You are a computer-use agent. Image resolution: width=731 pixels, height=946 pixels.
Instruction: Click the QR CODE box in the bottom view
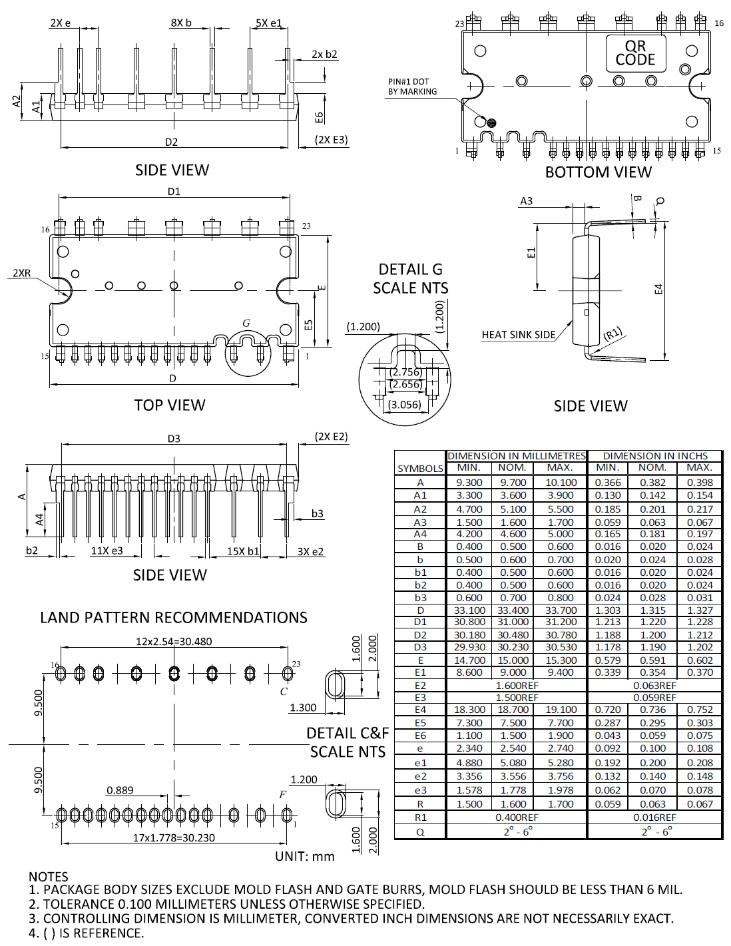click(635, 53)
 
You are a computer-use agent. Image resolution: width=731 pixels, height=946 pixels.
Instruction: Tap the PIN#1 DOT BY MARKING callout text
click(412, 87)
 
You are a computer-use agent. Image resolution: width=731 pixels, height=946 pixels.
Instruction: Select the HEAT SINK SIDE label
click(519, 335)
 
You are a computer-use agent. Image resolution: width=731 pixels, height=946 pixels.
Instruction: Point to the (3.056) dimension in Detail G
click(405, 404)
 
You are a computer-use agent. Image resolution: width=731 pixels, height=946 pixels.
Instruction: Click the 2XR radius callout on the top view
click(21, 273)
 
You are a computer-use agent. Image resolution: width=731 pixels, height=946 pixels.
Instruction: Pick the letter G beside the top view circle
click(246, 323)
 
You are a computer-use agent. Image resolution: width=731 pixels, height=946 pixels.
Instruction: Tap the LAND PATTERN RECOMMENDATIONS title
click(173, 618)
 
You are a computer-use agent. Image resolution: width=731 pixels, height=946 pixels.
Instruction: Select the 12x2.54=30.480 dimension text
click(174, 642)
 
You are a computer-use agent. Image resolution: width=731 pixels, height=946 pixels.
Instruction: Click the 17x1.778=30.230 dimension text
click(174, 837)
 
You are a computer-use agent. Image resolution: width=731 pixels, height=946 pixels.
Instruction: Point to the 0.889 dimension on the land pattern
click(120, 790)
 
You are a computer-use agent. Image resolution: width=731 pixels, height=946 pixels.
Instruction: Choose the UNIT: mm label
click(305, 856)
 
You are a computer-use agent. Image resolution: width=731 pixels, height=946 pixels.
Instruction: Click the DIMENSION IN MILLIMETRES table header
click(517, 456)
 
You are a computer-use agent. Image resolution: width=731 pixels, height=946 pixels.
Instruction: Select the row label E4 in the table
click(420, 710)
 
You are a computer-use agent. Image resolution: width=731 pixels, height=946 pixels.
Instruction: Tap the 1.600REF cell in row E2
click(517, 685)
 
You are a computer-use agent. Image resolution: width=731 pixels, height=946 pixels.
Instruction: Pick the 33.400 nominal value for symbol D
click(513, 610)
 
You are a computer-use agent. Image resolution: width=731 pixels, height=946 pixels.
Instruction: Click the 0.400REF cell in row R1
click(517, 817)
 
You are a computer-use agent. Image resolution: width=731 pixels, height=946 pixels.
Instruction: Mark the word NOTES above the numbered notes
click(49, 877)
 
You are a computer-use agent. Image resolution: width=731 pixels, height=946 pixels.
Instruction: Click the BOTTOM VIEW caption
click(598, 172)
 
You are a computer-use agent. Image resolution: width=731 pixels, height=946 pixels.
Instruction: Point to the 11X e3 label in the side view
click(107, 551)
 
